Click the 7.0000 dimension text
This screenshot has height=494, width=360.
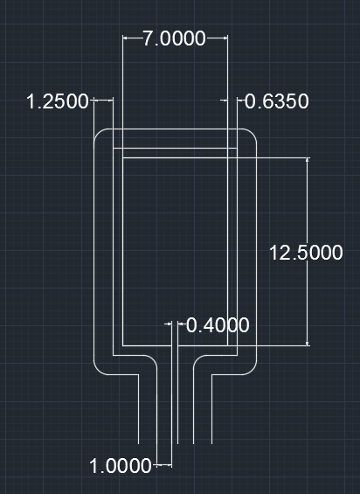(x=175, y=38)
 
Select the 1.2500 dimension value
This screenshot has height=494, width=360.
(x=58, y=101)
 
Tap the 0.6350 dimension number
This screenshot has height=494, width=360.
(x=276, y=101)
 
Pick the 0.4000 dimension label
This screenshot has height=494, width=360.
(x=218, y=325)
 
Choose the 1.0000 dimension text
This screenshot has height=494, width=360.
(x=121, y=466)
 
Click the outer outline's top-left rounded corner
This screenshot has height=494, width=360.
(x=99, y=135)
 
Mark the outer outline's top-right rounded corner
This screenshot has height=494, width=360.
(x=251, y=135)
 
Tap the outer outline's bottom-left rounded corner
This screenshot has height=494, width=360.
(x=99, y=369)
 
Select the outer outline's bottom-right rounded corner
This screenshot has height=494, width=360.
(x=251, y=369)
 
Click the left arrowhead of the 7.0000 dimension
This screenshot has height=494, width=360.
(x=127, y=38)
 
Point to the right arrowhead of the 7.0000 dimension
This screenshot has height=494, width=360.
(x=224, y=38)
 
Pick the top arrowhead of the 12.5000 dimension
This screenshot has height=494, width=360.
(x=308, y=163)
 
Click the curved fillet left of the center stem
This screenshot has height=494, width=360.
(x=150, y=359)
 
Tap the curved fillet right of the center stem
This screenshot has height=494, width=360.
(x=198, y=359)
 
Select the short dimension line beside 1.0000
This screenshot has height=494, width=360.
(x=163, y=464)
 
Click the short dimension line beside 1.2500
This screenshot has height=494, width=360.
(x=102, y=101)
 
